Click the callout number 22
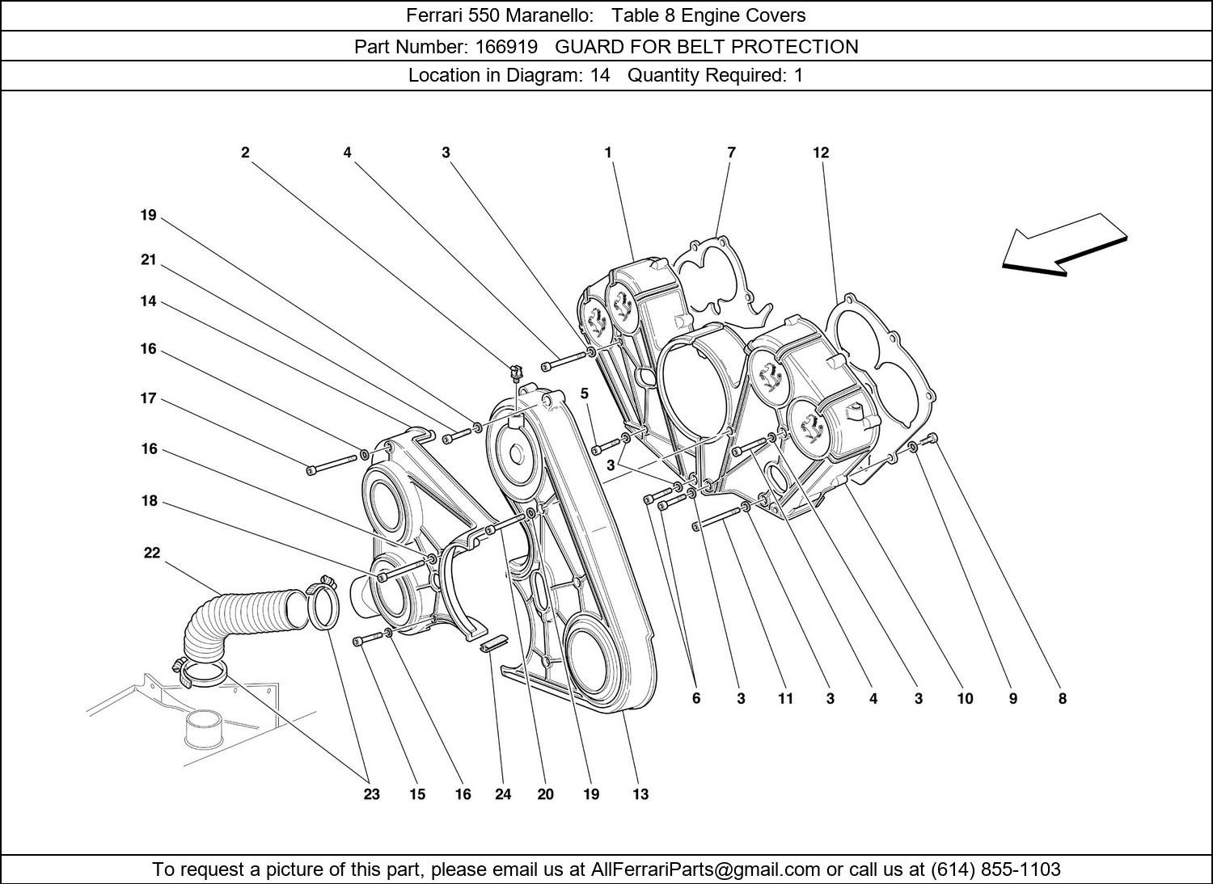tap(152, 554)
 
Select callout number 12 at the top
tap(821, 153)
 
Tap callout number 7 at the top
tap(731, 153)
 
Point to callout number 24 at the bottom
tap(503, 794)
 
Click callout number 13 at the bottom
tap(640, 794)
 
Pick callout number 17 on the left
tap(148, 398)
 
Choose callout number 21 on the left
tap(148, 260)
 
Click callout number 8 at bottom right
tap(1063, 699)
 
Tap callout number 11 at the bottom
tap(786, 699)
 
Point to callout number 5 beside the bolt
tap(585, 394)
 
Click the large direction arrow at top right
tap(1063, 246)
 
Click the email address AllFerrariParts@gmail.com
tap(706, 869)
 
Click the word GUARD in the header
tap(586, 47)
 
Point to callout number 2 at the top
tap(245, 153)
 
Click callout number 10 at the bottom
tap(966, 699)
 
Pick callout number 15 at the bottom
tap(416, 794)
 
